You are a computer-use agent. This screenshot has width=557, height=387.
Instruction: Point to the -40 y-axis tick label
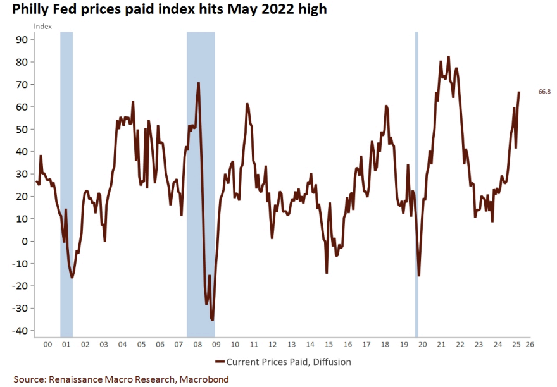[x=21, y=331]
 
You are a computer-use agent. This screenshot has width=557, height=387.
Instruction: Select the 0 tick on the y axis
[x=25, y=241]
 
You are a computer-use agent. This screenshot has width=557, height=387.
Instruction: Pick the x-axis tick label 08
[x=197, y=345]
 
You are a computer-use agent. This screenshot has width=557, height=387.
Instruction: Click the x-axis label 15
[x=328, y=345]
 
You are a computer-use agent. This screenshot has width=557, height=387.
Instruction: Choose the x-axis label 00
[x=47, y=345]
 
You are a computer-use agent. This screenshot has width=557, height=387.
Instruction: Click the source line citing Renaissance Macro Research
[x=121, y=379]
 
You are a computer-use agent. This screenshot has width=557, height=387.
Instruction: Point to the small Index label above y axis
[x=42, y=26]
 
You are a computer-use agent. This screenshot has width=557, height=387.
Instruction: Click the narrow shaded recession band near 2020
[x=416, y=183]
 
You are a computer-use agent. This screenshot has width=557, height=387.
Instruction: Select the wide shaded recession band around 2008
[x=201, y=183]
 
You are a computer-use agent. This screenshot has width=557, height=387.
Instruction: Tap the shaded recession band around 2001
[x=66, y=183]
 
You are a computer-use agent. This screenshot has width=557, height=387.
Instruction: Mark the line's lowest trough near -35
[x=213, y=320]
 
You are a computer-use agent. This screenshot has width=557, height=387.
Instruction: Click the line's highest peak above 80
[x=449, y=57]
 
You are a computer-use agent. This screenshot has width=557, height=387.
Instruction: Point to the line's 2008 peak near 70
[x=199, y=83]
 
